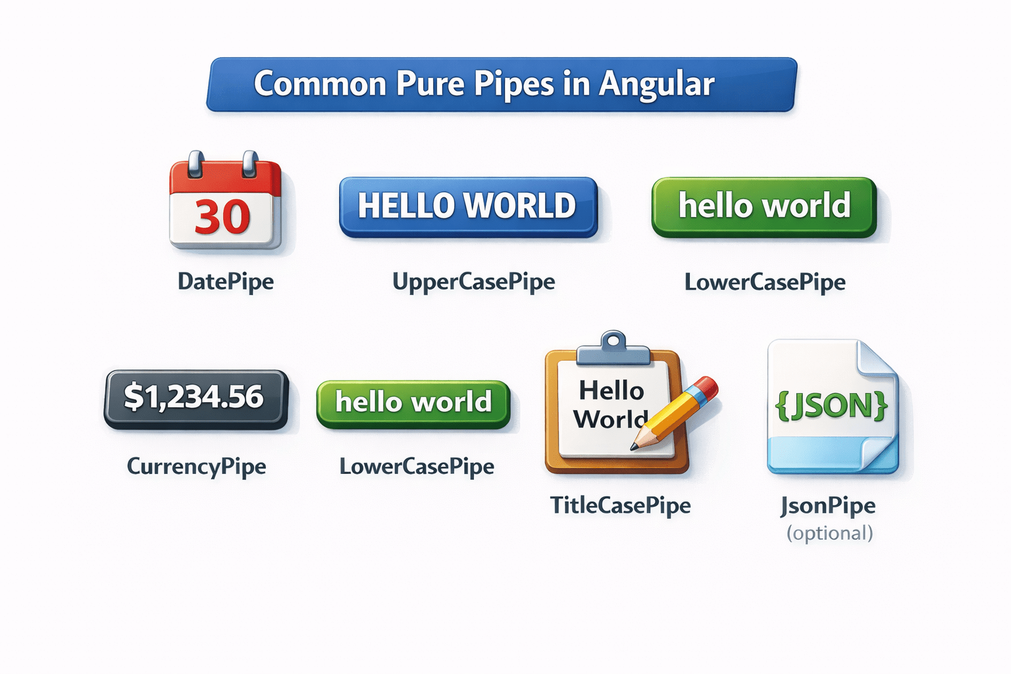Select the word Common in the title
[x=320, y=84]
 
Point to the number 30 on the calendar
[x=222, y=217]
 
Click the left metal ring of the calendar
[x=196, y=164]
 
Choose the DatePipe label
[x=226, y=282]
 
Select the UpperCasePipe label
[x=473, y=282]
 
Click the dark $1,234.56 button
[x=195, y=398]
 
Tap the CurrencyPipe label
[x=196, y=466]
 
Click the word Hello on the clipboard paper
[x=611, y=391]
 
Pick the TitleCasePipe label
[x=620, y=505]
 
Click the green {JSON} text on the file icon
[x=831, y=405]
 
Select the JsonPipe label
[x=828, y=505]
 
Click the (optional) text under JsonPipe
[x=829, y=532]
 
